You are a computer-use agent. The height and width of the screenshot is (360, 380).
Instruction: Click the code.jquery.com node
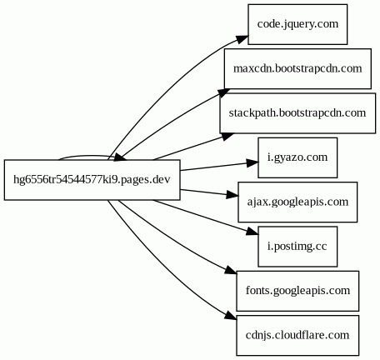(297, 24)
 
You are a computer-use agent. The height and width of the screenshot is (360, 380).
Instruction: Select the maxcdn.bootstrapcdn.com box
(297, 68)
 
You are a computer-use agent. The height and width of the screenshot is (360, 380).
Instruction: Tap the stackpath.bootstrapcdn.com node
(297, 113)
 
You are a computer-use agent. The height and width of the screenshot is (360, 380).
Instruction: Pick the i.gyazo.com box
(297, 157)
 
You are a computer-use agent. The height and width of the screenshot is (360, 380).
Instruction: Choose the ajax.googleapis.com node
(297, 202)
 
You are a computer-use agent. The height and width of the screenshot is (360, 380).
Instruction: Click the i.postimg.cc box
(297, 247)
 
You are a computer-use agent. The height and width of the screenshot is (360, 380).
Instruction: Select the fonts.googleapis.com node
(297, 291)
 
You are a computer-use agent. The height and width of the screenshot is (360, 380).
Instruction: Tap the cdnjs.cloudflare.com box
(297, 335)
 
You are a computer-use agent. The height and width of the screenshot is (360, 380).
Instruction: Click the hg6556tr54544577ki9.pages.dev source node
(92, 180)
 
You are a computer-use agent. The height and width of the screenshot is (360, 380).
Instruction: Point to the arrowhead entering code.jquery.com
(242, 40)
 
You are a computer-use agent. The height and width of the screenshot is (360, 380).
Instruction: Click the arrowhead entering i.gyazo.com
(252, 163)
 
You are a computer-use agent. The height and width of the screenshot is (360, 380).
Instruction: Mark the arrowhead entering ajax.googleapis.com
(232, 195)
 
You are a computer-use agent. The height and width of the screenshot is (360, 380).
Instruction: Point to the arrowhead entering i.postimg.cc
(252, 232)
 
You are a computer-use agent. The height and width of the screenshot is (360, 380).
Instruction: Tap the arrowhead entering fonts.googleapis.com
(231, 270)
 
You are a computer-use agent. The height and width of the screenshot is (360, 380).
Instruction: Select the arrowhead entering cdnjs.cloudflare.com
(231, 315)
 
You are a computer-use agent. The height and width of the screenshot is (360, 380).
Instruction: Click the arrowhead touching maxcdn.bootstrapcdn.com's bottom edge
(224, 92)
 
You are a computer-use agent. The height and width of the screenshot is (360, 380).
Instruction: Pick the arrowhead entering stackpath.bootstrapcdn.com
(227, 137)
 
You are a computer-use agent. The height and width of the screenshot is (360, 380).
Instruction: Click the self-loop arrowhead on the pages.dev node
(120, 157)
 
